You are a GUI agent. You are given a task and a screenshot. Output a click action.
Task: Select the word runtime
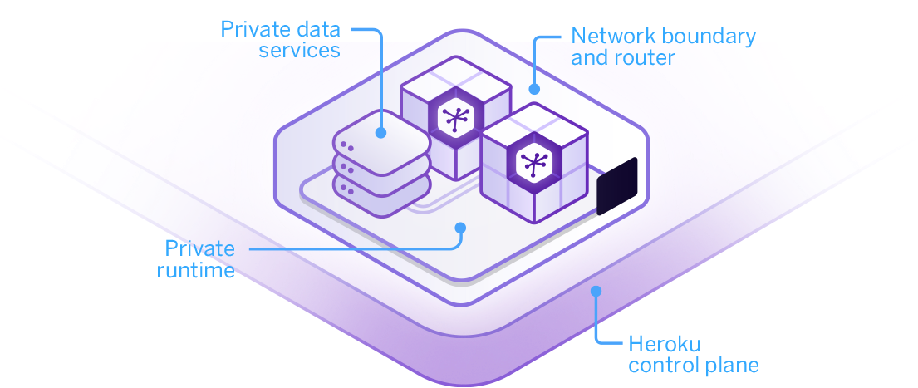[x=195, y=270]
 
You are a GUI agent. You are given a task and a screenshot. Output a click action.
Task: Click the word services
[x=299, y=50]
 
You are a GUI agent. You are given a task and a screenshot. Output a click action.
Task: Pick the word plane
[x=731, y=365]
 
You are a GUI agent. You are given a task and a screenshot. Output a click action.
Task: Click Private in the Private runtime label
[x=199, y=248]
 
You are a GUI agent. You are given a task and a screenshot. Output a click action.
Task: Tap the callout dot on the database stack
[x=380, y=131]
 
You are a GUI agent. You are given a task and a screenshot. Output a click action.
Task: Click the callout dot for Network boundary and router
[x=535, y=88]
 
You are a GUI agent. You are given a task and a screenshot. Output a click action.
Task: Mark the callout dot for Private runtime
[x=460, y=227]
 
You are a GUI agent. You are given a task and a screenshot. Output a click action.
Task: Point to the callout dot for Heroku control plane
[x=595, y=291]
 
